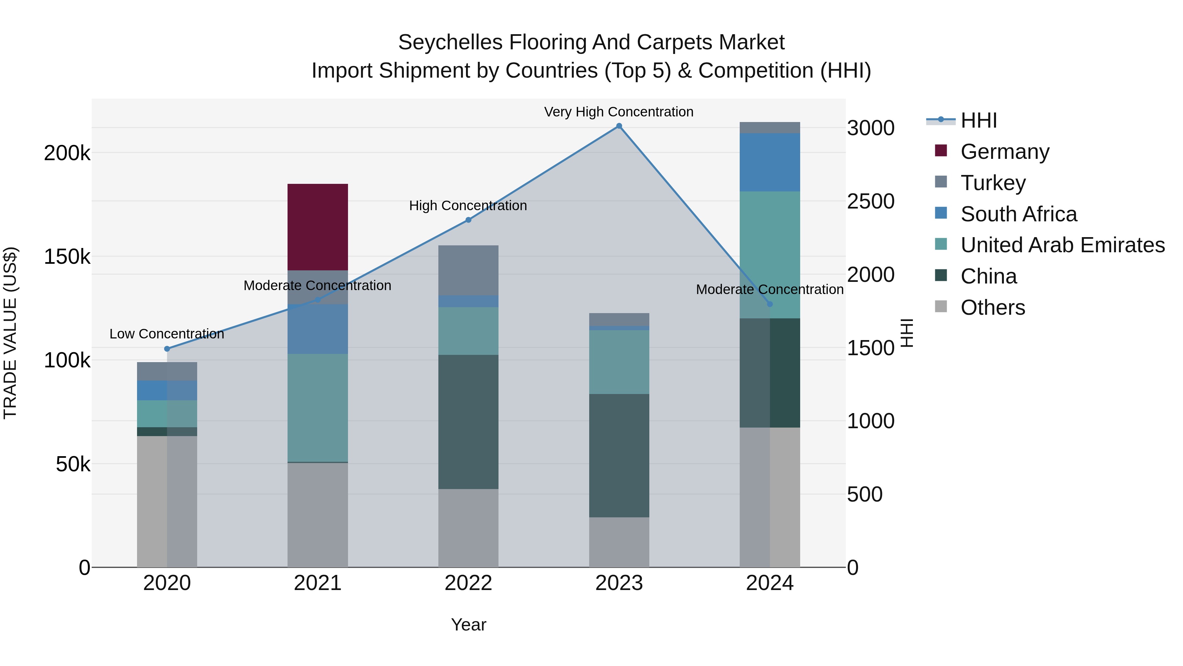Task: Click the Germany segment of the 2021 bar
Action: [x=317, y=227]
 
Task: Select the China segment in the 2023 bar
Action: [x=619, y=455]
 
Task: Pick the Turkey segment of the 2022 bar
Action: [x=468, y=270]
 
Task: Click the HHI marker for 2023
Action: [x=619, y=126]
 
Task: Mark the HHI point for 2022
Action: [x=468, y=220]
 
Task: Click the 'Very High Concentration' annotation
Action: [x=618, y=112]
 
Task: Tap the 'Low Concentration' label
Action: [x=167, y=334]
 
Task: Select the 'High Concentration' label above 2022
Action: [x=468, y=206]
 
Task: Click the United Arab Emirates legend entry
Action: [x=1062, y=245]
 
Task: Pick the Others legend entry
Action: [x=992, y=308]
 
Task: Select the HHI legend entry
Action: [x=978, y=120]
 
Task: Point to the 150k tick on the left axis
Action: [x=67, y=257]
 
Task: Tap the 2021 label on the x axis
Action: [x=317, y=583]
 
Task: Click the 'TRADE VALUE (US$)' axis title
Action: [x=10, y=333]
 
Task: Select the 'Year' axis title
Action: [x=468, y=625]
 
